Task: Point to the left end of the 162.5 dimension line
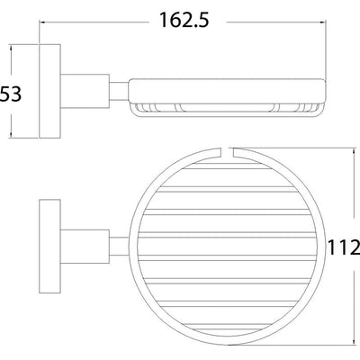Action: coord(40,18)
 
